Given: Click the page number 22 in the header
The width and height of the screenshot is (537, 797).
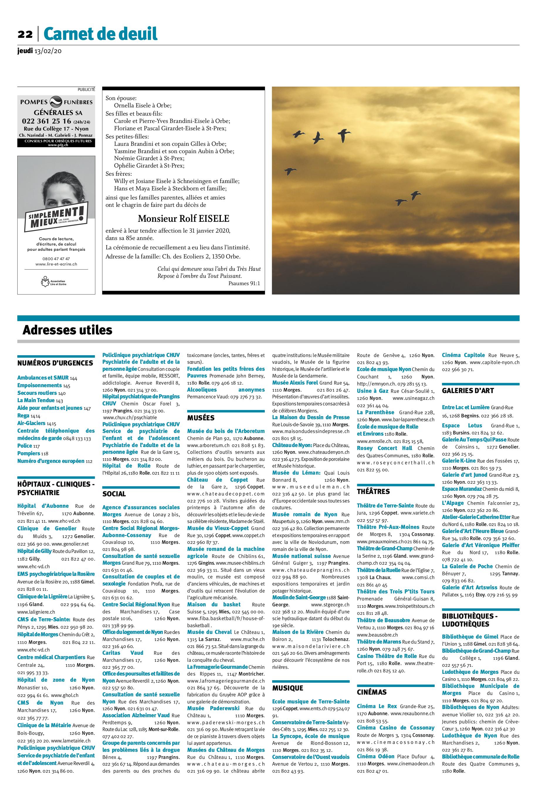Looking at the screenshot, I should pos(25,34).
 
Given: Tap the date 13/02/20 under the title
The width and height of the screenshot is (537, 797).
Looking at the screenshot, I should pos(48,51).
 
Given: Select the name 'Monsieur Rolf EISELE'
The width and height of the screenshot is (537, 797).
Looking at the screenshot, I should pos(183,219).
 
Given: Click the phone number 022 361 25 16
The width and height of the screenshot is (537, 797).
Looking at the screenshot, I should pos(47,121).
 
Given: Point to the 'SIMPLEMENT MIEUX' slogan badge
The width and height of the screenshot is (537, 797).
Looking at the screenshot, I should pos(55,216).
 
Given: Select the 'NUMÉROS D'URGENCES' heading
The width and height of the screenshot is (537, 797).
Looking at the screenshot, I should pos(55,363).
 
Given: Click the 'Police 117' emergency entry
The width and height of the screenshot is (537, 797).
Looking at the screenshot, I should pos(29,446).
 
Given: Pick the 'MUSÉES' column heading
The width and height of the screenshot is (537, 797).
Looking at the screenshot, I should pos(201,418).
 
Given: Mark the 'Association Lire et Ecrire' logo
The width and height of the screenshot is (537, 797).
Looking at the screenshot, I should pos(54,282).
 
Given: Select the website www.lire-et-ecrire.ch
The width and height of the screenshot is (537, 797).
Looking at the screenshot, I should pos(56,264).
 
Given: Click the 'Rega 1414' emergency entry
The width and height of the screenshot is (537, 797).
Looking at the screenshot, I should pos(29,415).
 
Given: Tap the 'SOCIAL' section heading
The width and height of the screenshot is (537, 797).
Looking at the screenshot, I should pos(114,494).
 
